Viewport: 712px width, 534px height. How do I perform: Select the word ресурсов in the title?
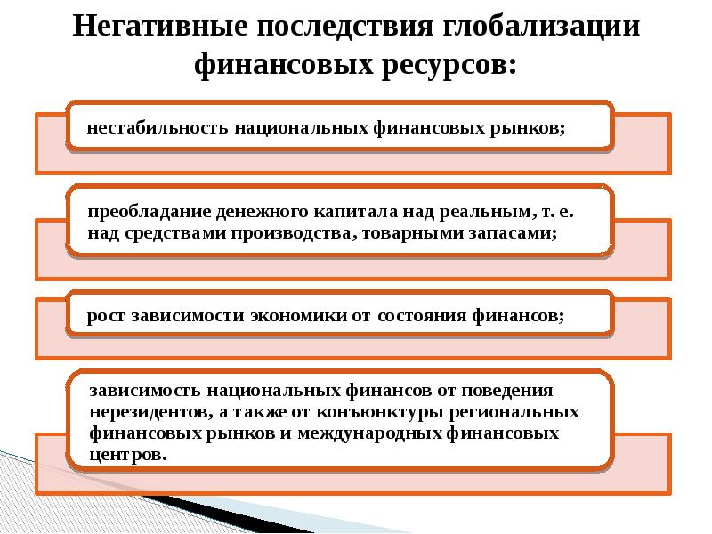pos(441,64)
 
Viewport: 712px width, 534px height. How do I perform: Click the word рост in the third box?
pos(106,316)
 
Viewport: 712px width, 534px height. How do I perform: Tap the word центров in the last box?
pos(127,454)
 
